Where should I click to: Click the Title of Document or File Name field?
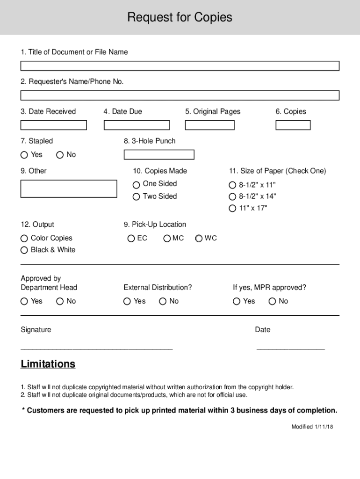pyautogui.click(x=180, y=65)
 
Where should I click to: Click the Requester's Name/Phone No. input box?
pyautogui.click(x=180, y=95)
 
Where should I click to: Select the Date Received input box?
pyautogui.click(x=53, y=125)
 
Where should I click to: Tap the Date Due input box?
pyautogui.click(x=137, y=125)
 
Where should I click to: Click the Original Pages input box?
pyautogui.click(x=209, y=125)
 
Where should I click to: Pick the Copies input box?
pyautogui.click(x=293, y=125)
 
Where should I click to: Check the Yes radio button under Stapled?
pyautogui.click(x=24, y=155)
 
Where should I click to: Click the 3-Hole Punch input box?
pyautogui.click(x=158, y=154)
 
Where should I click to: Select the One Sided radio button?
pyautogui.click(x=137, y=184)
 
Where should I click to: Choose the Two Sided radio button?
pyautogui.click(x=137, y=197)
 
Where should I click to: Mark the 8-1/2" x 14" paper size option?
pyautogui.click(x=232, y=196)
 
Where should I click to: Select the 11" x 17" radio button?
pyautogui.click(x=232, y=209)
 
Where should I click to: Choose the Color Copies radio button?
pyautogui.click(x=24, y=238)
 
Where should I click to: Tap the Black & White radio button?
pyautogui.click(x=24, y=250)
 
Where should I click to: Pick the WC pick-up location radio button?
pyautogui.click(x=199, y=239)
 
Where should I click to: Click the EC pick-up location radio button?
pyautogui.click(x=131, y=239)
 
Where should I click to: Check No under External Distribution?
pyautogui.click(x=163, y=301)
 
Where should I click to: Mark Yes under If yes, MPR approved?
pyautogui.click(x=237, y=301)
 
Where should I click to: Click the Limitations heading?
pyautogui.click(x=48, y=364)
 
